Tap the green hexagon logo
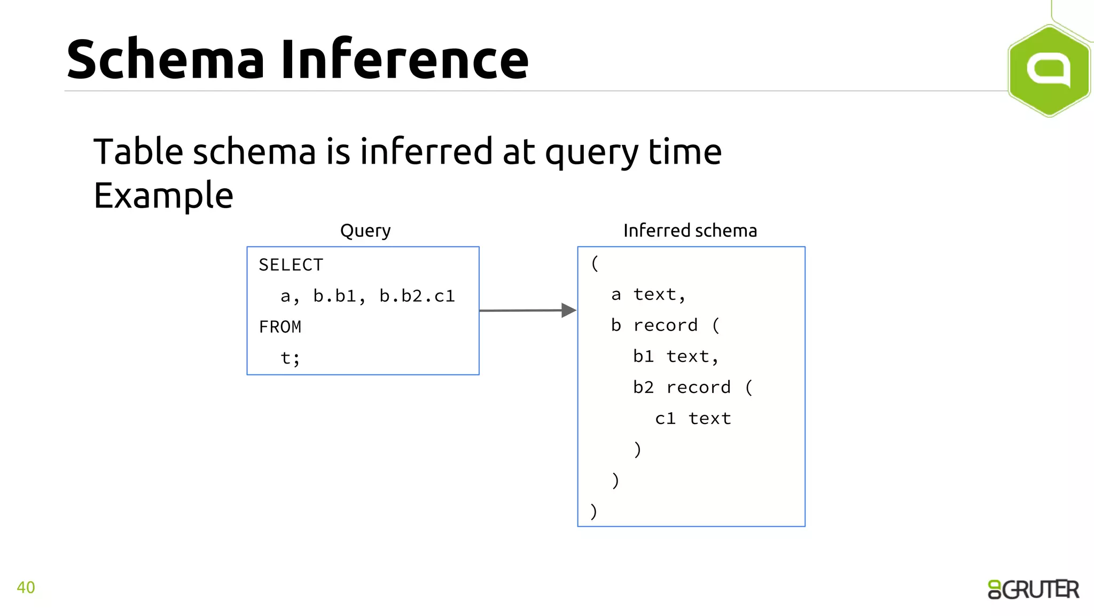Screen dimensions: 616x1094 tap(1049, 71)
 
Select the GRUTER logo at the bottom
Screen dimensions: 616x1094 tap(1033, 589)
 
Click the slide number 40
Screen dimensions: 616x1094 tap(26, 587)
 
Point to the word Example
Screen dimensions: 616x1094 tap(163, 196)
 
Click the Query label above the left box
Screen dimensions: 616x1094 tap(365, 230)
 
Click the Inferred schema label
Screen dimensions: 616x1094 tap(690, 230)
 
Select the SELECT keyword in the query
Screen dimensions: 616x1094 tap(291, 265)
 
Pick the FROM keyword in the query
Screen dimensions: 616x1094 tap(280, 327)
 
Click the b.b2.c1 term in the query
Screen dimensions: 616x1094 tap(417, 296)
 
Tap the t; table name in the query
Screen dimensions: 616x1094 tap(290, 358)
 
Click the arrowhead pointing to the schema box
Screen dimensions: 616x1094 tap(568, 310)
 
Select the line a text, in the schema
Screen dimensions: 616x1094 tap(648, 294)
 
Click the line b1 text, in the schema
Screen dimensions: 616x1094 tap(676, 356)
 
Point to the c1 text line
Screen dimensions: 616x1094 tap(693, 418)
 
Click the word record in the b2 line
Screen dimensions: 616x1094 tap(698, 387)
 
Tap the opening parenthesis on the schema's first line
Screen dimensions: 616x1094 tap(595, 263)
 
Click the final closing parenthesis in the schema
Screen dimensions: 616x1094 tap(593, 511)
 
